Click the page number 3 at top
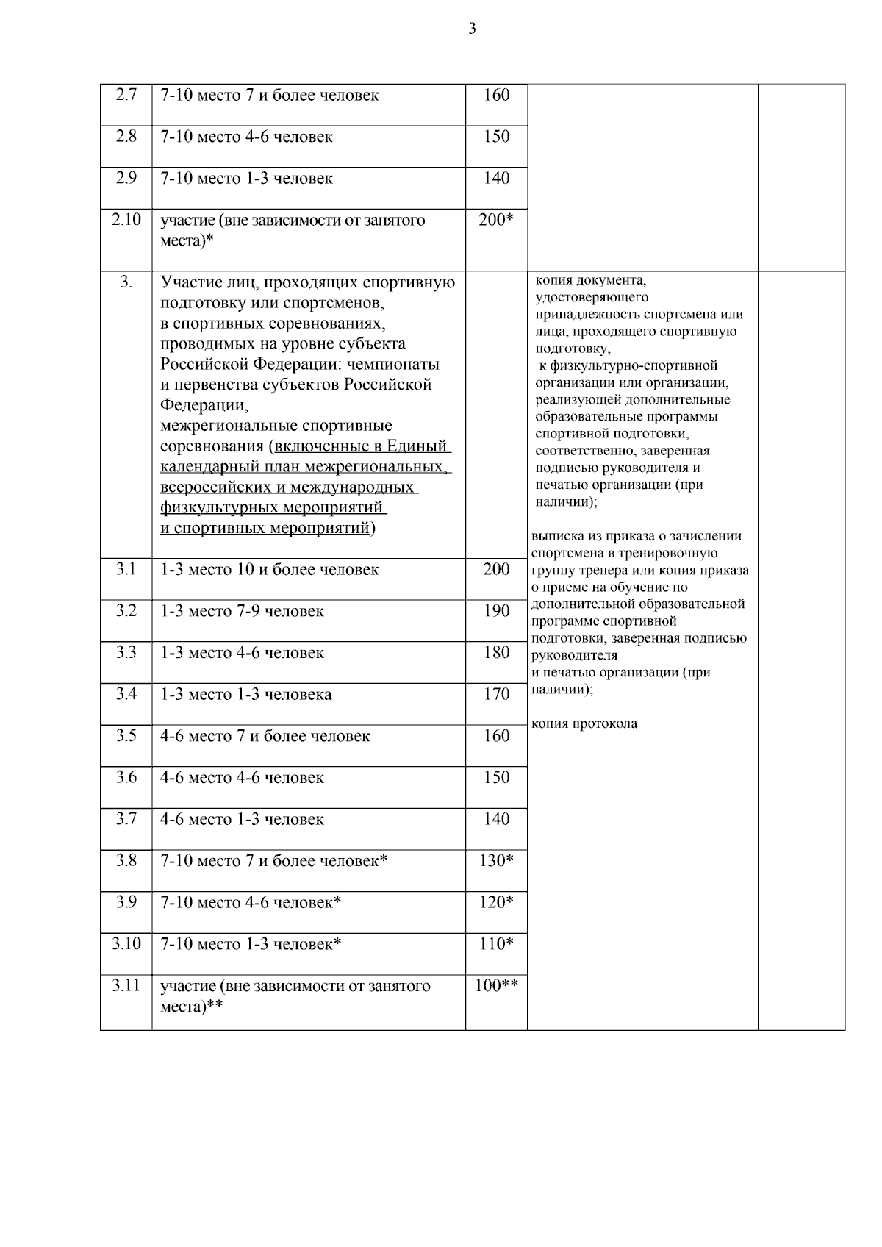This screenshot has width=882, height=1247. coord(472,29)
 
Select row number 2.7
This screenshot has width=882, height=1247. coord(126,95)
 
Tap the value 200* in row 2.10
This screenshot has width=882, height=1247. coord(496,220)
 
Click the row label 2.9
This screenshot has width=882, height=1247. coord(126,178)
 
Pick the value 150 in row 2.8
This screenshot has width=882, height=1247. coord(496,137)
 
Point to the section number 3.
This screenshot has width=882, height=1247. coord(126,282)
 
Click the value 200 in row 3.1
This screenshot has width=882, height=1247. coord(496,569)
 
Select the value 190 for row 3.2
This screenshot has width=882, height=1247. coord(496,611)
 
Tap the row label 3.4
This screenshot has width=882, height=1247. coord(126,694)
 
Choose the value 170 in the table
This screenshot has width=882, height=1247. coord(496,694)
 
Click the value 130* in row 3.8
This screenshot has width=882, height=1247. coord(496,861)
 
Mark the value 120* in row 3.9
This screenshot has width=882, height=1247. coord(496,902)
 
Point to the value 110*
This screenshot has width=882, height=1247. coord(496,944)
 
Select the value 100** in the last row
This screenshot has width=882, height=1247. coord(496,986)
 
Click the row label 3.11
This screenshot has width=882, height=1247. coord(126,986)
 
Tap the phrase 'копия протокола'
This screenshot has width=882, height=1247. coord(584,723)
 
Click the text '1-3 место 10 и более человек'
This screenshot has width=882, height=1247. coord(270,570)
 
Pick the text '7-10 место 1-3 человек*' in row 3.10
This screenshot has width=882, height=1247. coord(251,944)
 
